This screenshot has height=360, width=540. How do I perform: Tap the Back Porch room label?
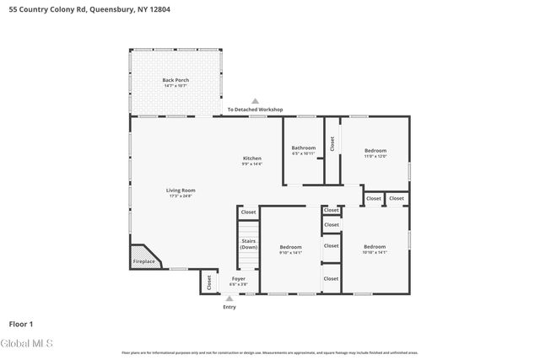point(175,80)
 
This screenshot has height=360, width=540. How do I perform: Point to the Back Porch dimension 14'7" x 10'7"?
point(175,86)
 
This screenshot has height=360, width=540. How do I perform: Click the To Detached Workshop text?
point(255,110)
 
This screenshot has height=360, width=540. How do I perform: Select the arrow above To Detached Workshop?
point(255,101)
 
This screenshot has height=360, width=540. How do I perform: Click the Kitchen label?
point(252,159)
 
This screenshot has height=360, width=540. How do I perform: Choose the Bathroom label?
point(304,148)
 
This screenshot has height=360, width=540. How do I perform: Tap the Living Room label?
point(181,190)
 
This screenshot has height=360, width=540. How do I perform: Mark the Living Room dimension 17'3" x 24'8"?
point(181,196)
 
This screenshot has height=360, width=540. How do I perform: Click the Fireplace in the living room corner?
point(143,261)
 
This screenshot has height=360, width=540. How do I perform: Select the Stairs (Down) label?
point(249,244)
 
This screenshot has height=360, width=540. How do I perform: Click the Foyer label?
point(238,278)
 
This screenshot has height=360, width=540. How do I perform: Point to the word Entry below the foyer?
point(229,307)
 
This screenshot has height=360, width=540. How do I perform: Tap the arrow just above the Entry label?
point(229,298)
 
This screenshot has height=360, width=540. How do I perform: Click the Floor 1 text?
point(21,323)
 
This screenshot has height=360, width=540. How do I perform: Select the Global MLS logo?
point(27,344)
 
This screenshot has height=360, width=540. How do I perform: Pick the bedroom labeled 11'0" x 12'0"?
point(375,153)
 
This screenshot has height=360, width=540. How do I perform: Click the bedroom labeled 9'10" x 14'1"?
point(290,248)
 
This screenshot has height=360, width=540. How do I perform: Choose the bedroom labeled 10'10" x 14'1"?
point(375,248)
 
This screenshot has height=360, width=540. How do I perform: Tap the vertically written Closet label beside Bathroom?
point(332,144)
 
